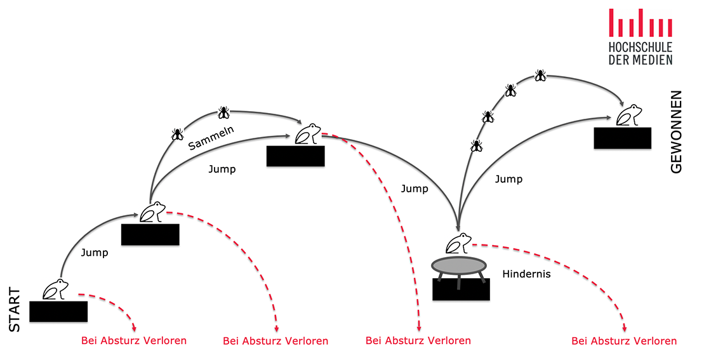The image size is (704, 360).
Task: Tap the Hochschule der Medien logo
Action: tap(640, 36)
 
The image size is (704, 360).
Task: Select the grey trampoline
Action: tap(459, 265)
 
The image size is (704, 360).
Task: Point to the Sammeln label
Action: tap(211, 138)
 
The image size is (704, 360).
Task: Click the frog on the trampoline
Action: tap(458, 243)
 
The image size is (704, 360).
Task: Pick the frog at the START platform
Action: tap(55, 289)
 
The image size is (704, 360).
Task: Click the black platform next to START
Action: tap(58, 311)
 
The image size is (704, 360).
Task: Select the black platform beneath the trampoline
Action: tap(461, 290)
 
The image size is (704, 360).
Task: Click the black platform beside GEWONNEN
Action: tap(622, 138)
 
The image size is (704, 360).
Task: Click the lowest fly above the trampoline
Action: tap(476, 146)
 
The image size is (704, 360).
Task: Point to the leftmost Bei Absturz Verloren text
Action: tap(134, 340)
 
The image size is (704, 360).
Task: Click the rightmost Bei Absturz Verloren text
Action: tap(624, 341)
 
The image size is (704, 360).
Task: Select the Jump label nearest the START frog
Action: tap(95, 252)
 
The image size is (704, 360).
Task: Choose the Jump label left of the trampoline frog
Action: tap(415, 189)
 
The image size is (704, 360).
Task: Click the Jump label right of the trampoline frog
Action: tap(508, 179)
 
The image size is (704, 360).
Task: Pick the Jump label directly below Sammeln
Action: tap(222, 169)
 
